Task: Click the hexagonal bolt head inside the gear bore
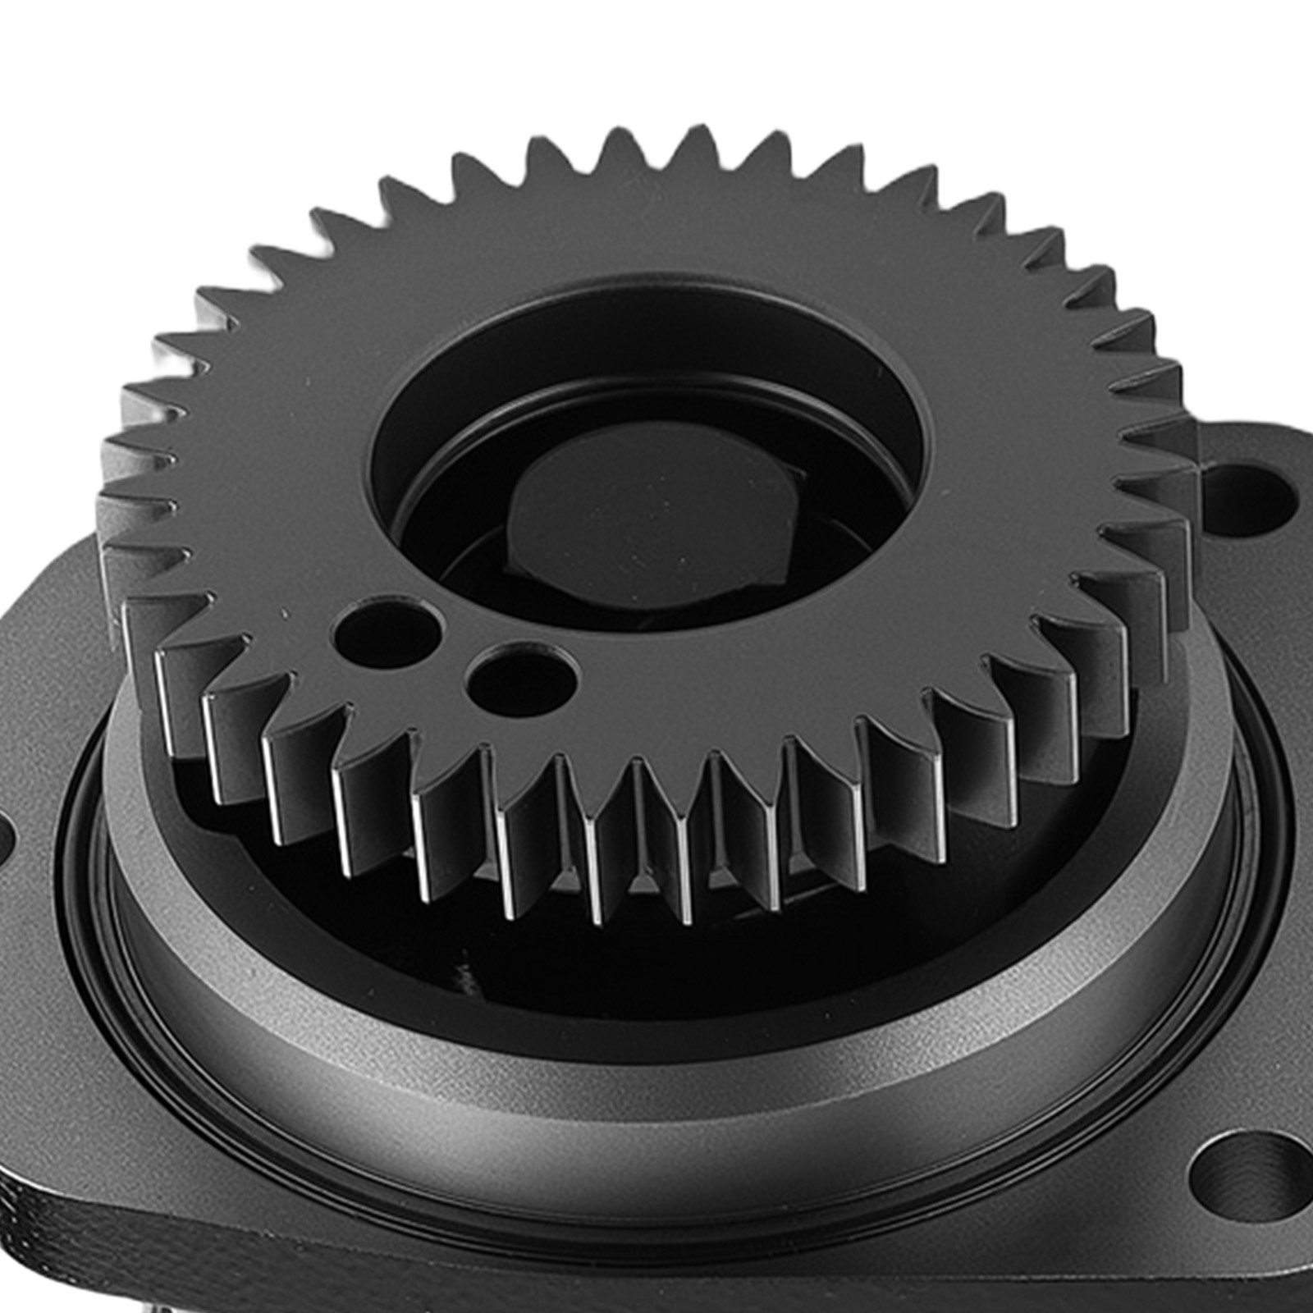click(648, 525)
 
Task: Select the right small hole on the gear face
click(520, 680)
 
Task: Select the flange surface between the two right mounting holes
click(1264, 821)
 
